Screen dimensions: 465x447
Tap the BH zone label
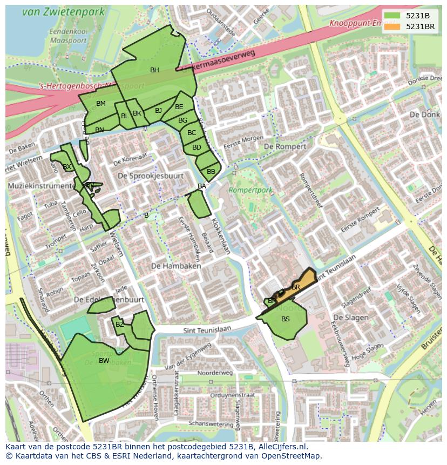(x=154, y=70)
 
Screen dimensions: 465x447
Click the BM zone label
(x=101, y=104)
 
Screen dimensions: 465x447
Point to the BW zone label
(x=104, y=361)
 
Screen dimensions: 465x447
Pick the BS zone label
(x=286, y=319)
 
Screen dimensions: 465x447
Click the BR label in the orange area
(x=296, y=287)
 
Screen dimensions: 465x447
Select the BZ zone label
(x=120, y=325)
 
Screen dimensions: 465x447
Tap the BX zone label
(x=67, y=167)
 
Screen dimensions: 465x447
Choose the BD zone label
(x=197, y=147)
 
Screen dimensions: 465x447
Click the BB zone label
(x=211, y=172)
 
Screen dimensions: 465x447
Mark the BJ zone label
(x=158, y=111)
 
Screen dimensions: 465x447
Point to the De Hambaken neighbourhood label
(x=176, y=266)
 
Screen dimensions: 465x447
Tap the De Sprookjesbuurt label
(x=151, y=176)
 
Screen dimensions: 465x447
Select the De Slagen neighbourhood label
(x=351, y=318)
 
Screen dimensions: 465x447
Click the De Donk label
(x=422, y=114)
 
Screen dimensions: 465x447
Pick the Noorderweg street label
(x=215, y=373)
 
